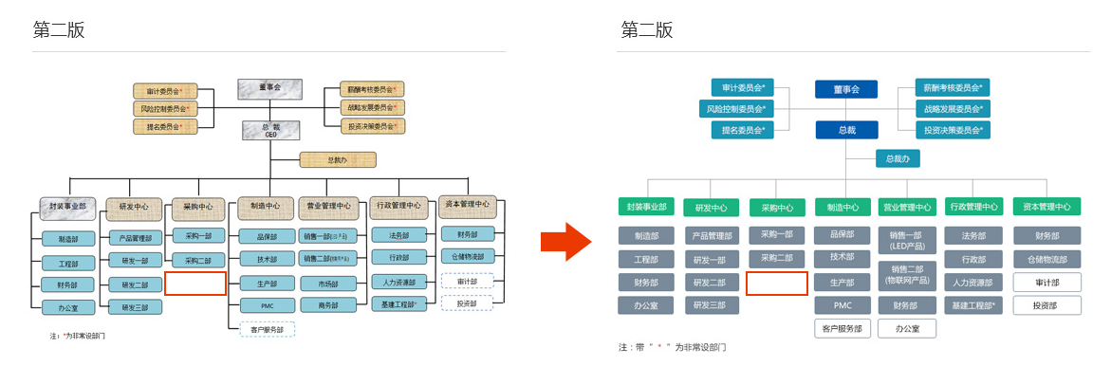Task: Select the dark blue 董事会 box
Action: pos(845,89)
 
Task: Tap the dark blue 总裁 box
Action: pos(845,130)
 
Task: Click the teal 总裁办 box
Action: pos(897,159)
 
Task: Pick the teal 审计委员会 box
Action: pos(743,87)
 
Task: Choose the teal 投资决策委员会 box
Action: pos(952,130)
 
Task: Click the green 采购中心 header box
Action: pos(777,207)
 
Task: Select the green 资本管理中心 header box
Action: pos(1047,207)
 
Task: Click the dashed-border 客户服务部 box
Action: pos(267,329)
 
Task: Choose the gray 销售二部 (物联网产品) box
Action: pos(907,274)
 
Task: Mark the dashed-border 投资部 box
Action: pos(467,303)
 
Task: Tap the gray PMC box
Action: pos(843,305)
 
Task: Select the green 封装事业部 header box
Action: pos(647,207)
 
